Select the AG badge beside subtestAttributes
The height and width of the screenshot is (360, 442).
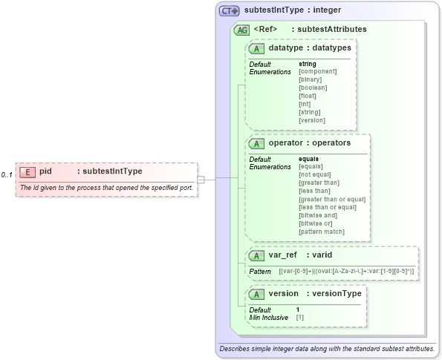pos(241,30)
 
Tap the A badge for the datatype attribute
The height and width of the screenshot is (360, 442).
pos(257,48)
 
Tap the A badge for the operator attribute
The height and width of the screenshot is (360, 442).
pos(257,143)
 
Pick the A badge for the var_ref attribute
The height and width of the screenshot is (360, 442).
pos(257,255)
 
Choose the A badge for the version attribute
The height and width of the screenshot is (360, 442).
pos(257,294)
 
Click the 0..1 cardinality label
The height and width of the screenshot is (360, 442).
pos(7,175)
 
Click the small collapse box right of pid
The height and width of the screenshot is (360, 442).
pos(201,179)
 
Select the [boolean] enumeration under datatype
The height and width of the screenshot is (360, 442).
pos(313,88)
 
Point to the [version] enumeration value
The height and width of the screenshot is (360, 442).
pos(312,120)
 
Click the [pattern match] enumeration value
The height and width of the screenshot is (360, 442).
pos(322,232)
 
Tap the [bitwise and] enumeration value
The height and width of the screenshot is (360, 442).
pos(319,216)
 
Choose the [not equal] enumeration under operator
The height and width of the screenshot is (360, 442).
pos(315,175)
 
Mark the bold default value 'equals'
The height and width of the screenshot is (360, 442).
pos(309,159)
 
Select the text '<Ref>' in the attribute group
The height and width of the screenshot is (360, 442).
pos(265,30)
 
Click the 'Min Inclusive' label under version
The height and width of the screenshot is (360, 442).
pos(269,318)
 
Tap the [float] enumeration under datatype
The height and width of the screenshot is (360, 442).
pos(308,96)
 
